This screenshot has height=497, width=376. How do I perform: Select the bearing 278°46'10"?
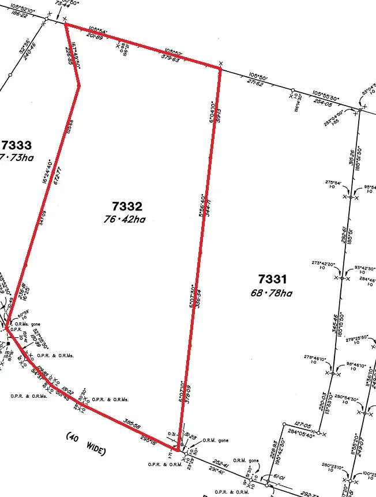coord(315,359)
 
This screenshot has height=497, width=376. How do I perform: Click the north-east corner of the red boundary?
coord(220,68)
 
